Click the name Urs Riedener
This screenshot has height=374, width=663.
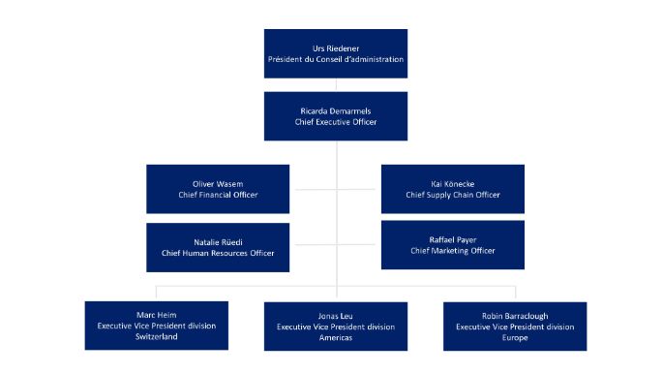tap(335, 47)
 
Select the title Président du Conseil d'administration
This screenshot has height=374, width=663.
tap(335, 59)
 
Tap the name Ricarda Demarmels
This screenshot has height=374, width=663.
tap(335, 111)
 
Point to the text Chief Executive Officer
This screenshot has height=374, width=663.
tap(335, 124)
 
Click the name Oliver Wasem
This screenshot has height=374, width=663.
tap(218, 182)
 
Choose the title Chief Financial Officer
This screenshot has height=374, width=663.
tap(218, 195)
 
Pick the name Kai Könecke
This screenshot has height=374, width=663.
tap(452, 182)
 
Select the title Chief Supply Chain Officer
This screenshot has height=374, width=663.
tap(452, 195)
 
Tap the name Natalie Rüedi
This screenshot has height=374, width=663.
tap(218, 240)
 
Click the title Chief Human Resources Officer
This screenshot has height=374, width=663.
tap(218, 253)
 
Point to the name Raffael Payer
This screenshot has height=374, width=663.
tap(452, 238)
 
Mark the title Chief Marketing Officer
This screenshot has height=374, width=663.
tap(452, 251)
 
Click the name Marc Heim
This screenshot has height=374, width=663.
tap(156, 314)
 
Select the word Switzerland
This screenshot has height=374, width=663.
tap(156, 338)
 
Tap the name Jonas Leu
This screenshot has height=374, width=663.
tap(335, 314)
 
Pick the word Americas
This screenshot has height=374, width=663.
tap(335, 338)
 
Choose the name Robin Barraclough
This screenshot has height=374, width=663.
tap(514, 314)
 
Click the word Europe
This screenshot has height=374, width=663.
tap(514, 338)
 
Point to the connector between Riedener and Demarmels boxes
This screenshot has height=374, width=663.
tap(335, 84)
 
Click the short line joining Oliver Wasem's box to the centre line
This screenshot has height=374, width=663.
tap(312, 189)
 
